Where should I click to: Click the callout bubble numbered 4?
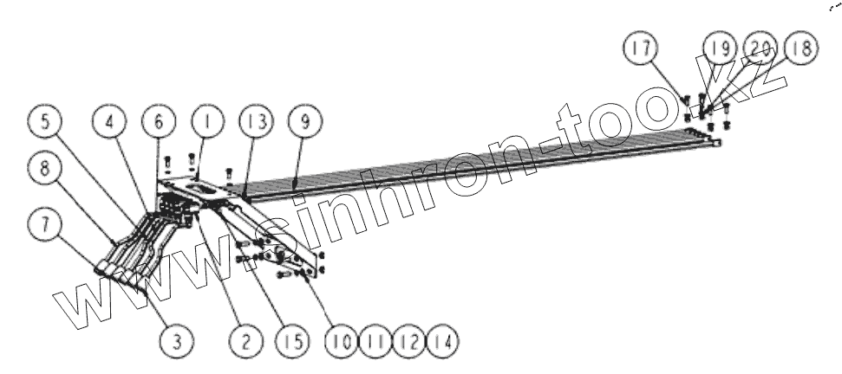coord(110,124)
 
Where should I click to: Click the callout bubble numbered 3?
coord(176,341)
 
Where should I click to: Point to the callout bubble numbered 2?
coord(245,341)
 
